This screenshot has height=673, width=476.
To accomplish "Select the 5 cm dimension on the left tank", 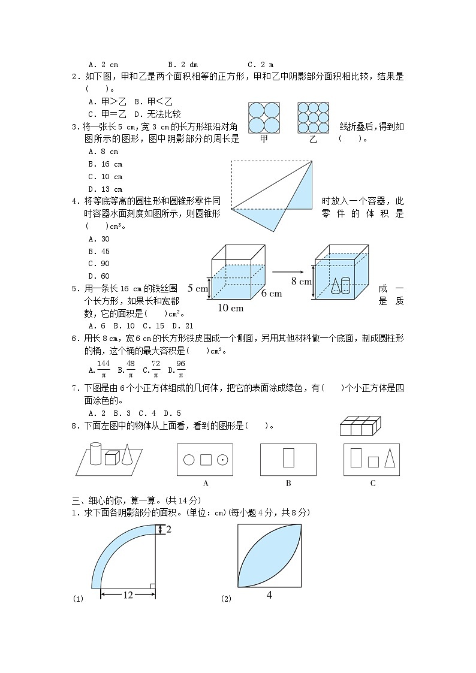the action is point(197,288).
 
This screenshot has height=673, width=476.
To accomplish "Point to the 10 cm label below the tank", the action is point(231,308).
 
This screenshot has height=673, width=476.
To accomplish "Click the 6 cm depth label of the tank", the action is point(271,294).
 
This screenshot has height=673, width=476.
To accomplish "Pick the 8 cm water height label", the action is point(302,280).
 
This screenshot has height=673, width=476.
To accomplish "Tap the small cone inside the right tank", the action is point(335,286).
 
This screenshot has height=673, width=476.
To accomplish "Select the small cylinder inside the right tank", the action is point(345,283).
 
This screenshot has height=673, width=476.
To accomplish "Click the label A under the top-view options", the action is point(206,483).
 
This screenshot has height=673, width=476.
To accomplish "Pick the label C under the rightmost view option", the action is point(372,483).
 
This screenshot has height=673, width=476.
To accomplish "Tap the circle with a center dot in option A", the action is point(222,460).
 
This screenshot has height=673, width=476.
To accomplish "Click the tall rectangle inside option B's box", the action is point(288,457).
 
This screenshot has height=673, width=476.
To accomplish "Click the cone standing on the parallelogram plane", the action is point(128,454).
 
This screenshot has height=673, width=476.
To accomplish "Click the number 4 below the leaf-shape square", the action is point(269,596).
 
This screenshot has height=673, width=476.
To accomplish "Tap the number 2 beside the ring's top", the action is point(169,529).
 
